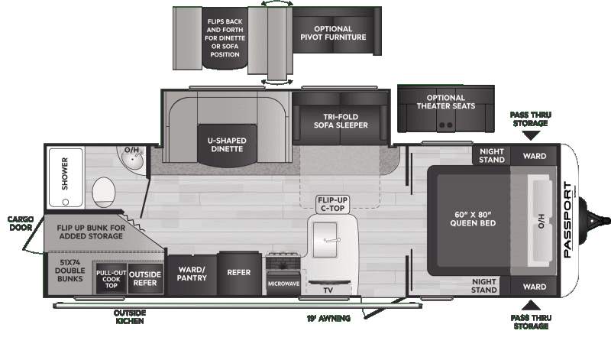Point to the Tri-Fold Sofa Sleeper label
tap(341, 121)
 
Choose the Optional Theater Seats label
tap(446, 102)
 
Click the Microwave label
tap(283, 284)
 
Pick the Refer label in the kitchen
tap(239, 272)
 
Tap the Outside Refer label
tap(143, 278)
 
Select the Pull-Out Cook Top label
tap(111, 278)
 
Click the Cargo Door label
tap(20, 222)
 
